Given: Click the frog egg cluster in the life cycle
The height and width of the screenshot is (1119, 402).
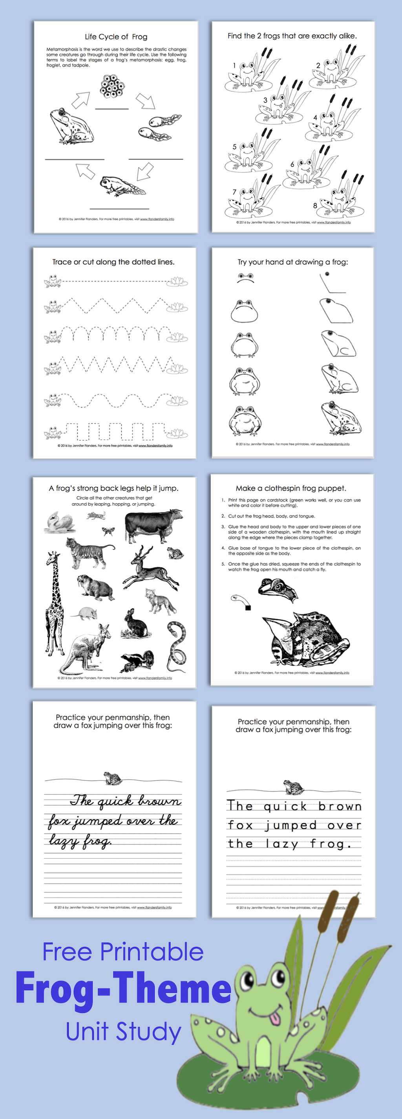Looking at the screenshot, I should point(112,86).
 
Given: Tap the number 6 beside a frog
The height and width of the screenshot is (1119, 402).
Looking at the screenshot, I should point(292,164).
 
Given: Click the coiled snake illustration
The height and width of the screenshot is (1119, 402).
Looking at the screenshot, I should point(177,646).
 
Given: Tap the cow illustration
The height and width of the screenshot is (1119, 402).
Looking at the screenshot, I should point(153,526).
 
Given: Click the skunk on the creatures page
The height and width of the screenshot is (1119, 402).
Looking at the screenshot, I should point(138,661).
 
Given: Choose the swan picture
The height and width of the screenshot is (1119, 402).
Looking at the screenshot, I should point(60,522).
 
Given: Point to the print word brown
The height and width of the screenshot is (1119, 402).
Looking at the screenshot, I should point(340,807).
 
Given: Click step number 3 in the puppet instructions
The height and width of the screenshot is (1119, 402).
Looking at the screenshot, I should point(223,526).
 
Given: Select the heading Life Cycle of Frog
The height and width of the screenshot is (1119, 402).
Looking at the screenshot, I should point(116,37).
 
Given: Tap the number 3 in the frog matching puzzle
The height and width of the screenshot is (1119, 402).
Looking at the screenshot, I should point(265,100).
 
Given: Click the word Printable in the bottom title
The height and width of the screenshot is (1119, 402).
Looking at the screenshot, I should point(152,952).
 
